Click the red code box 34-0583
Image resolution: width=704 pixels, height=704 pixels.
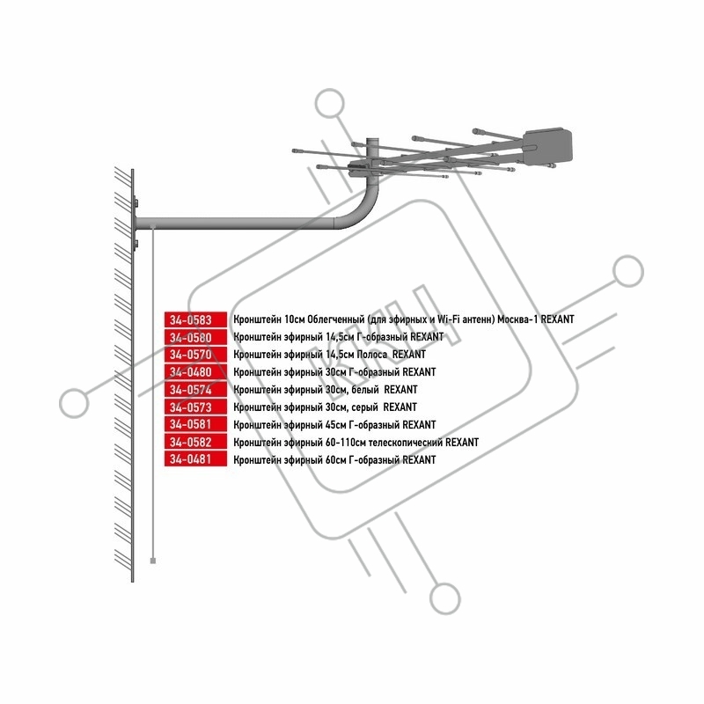coord(195,319)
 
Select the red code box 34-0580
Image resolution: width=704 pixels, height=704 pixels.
coord(195,337)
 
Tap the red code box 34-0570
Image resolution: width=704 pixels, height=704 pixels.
coord(195,355)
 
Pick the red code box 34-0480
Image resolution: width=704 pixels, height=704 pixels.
coord(195,372)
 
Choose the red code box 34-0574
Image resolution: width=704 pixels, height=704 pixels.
coord(195,390)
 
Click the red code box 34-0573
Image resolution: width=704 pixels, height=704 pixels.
coord(195,407)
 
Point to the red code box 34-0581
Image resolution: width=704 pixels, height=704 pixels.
coord(195,425)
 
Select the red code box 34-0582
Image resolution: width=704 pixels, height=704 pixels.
coord(195,443)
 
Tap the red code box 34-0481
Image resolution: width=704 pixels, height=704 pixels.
coord(195,460)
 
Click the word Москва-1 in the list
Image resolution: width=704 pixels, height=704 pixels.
coord(517,319)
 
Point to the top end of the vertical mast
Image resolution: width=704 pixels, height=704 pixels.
coord(372,138)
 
